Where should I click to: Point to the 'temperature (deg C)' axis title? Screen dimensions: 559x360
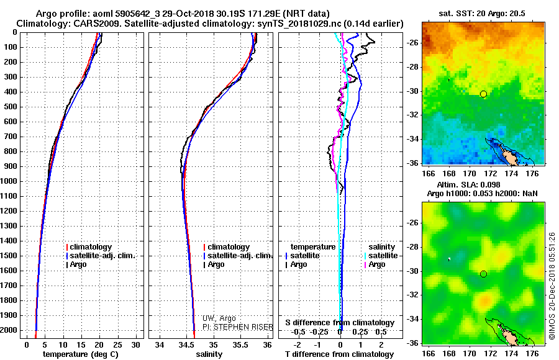[81, 354]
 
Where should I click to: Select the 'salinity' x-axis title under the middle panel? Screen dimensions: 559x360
[209, 354]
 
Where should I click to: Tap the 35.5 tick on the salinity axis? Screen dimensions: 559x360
[240, 345]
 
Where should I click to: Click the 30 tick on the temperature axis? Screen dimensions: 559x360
[135, 345]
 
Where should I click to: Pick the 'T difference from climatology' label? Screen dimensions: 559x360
[340, 354]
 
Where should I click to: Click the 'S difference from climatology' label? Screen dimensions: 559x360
[340, 323]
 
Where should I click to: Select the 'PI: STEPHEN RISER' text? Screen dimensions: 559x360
[238, 327]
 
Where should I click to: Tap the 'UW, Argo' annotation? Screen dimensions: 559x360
[219, 318]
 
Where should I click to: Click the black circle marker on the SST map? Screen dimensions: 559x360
[483, 94]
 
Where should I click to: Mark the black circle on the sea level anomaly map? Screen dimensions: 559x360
[483, 274]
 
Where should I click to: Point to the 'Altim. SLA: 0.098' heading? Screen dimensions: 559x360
[468, 185]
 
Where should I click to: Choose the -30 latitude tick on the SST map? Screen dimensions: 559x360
[413, 91]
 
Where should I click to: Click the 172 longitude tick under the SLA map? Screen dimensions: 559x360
[491, 354]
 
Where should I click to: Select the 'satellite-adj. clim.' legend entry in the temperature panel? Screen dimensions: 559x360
[101, 256]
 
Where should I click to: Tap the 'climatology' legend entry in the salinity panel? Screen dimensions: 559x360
[227, 247]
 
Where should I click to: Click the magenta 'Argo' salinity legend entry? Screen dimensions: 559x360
[375, 264]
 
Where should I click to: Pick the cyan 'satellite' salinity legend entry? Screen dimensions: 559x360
[381, 256]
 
